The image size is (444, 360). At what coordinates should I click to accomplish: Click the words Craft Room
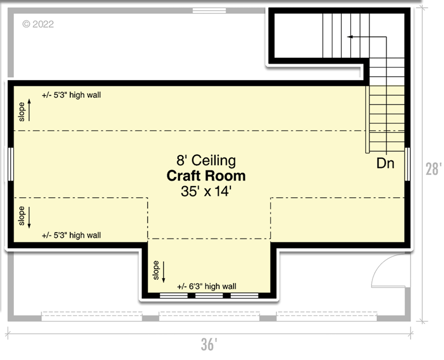pyautogui.click(x=206, y=177)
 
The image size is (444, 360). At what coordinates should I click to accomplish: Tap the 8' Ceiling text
pyautogui.click(x=206, y=161)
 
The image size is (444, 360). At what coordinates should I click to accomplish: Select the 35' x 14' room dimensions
pyautogui.click(x=206, y=192)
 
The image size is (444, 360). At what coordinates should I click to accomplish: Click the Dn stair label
pyautogui.click(x=386, y=163)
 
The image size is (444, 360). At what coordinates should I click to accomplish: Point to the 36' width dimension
pyautogui.click(x=208, y=345)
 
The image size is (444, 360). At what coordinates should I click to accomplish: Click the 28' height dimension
pyautogui.click(x=433, y=169)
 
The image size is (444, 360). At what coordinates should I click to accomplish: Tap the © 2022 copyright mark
pyautogui.click(x=37, y=24)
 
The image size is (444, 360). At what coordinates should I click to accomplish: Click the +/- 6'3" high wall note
pyautogui.click(x=206, y=286)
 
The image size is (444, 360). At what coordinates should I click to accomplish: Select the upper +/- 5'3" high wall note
pyautogui.click(x=71, y=95)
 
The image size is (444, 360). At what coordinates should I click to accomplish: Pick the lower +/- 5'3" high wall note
pyautogui.click(x=71, y=235)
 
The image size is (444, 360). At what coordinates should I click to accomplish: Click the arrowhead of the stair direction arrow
pyautogui.click(x=350, y=37)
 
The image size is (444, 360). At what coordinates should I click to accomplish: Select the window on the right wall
pyautogui.click(x=408, y=164)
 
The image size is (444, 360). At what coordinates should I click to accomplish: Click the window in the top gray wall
pyautogui.click(x=209, y=11)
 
